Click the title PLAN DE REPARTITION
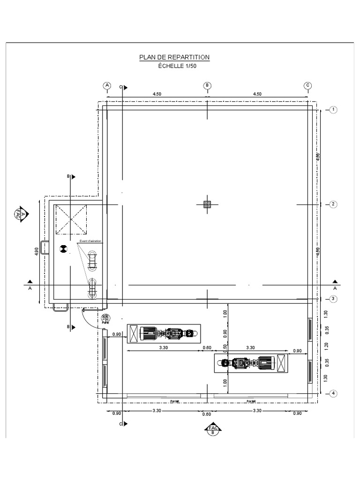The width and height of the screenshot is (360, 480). click(174, 57)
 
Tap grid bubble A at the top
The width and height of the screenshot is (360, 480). click(107, 85)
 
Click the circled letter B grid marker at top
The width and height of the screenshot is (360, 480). click(207, 85)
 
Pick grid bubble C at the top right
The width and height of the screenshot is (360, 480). click(308, 85)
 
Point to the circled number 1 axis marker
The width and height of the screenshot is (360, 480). click(333, 110)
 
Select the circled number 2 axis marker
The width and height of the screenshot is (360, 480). click(333, 204)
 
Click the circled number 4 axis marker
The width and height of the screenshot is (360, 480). click(333, 394)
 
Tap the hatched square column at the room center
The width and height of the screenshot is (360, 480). click(207, 204)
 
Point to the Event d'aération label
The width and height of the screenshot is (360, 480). click(90, 241)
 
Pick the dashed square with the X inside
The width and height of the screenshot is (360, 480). click(71, 219)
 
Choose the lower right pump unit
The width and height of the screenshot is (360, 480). click(252, 363)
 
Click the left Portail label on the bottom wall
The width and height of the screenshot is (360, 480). click(175, 401)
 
